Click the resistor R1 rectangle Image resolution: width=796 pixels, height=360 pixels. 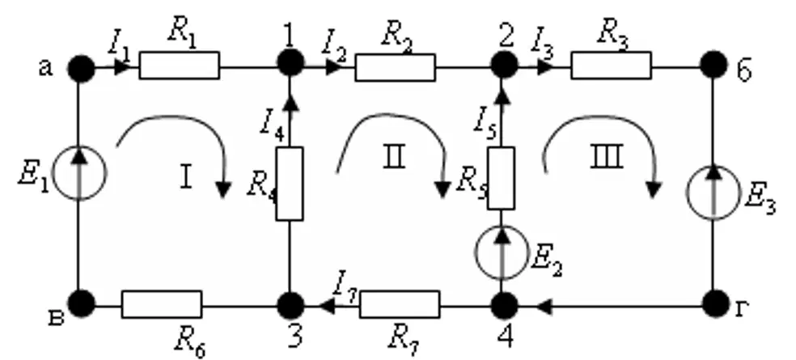tap(180, 66)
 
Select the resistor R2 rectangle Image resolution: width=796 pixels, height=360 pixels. tap(395, 67)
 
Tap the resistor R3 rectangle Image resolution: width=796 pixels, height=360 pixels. tap(611, 66)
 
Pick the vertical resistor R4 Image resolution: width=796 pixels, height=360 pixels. tap(290, 184)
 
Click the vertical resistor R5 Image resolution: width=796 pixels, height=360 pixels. tap(501, 178)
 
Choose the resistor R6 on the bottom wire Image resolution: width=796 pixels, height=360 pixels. tap(162, 305)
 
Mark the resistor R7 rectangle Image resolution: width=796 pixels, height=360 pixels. tap(400, 305)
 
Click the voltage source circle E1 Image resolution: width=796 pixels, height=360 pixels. tap(78, 172)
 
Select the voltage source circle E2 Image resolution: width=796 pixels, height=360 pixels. tap(502, 252)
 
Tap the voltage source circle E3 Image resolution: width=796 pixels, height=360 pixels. tap(713, 193)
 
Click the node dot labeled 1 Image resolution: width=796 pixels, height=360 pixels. tap(290, 62)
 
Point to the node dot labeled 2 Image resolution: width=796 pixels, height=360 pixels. tap(504, 65)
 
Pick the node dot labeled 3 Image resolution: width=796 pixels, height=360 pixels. tap(290, 305)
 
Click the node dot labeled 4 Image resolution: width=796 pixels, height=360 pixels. tap(504, 305)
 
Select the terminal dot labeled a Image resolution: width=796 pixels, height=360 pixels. tap(81, 68)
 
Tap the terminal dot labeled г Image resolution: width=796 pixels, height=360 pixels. tap(716, 303)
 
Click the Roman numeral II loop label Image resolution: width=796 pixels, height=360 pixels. tap(394, 158)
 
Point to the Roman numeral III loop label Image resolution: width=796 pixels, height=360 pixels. tap(606, 158)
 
